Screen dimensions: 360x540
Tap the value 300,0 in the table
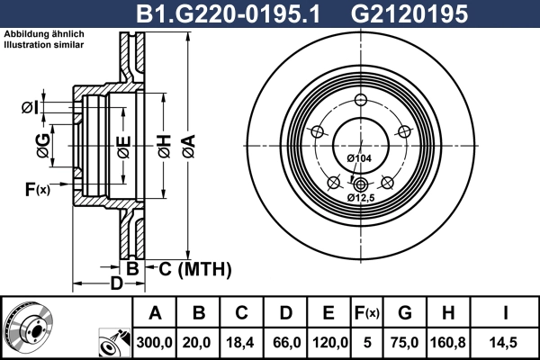click(155, 341)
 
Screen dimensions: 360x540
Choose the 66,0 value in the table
click(286, 341)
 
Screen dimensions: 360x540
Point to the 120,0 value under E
click(329, 341)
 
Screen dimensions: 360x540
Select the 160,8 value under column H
click(447, 341)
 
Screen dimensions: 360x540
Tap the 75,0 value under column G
click(405, 341)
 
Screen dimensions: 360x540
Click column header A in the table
click(155, 314)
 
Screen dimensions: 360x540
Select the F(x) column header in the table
click(367, 314)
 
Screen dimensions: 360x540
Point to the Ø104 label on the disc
click(359, 158)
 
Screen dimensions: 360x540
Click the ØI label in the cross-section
click(30, 109)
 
